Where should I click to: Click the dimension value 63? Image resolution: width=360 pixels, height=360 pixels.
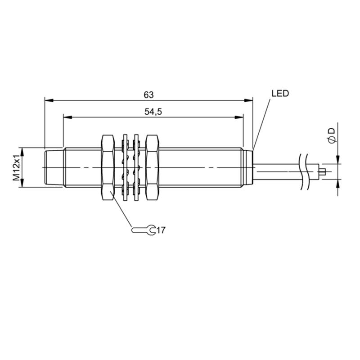click(x=148, y=94)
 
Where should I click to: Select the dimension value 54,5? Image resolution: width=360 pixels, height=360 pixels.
click(x=153, y=112)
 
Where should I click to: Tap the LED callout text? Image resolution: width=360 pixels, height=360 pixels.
click(x=280, y=94)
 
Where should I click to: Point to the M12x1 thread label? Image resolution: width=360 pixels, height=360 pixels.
click(x=16, y=167)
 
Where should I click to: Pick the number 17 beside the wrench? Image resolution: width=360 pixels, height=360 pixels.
click(x=161, y=230)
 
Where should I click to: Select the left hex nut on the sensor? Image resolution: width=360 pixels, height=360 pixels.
click(x=108, y=167)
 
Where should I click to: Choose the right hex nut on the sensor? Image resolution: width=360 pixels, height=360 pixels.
click(x=152, y=167)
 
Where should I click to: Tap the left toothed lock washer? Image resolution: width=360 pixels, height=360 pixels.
click(x=126, y=167)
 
